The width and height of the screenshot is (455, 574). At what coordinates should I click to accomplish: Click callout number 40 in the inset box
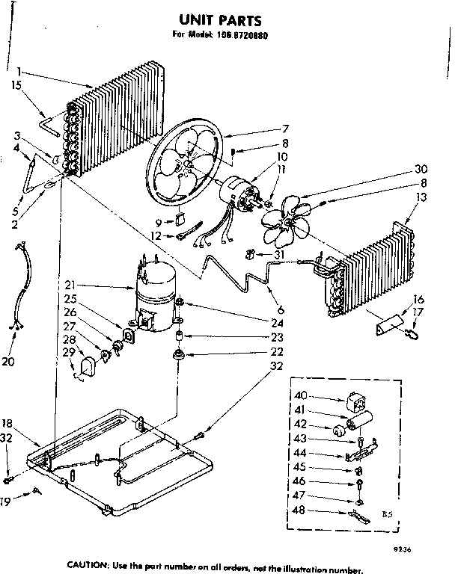(301, 396)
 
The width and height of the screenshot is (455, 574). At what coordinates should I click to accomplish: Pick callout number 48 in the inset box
(300, 512)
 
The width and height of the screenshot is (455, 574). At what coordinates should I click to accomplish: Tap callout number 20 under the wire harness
(9, 362)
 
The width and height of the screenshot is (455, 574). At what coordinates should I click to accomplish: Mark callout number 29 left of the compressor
(68, 351)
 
